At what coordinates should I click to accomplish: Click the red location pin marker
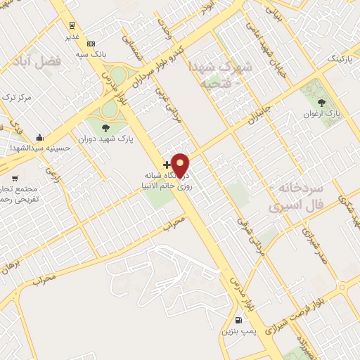(180, 165)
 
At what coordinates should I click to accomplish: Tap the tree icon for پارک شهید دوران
(105, 127)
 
